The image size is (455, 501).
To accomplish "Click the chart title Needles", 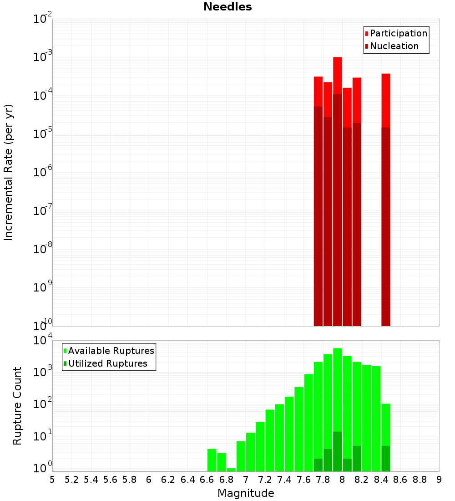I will pyautogui.click(x=227, y=7).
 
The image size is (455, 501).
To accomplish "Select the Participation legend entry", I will pyautogui.click(x=398, y=33).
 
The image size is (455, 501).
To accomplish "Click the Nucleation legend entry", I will pyautogui.click(x=394, y=46).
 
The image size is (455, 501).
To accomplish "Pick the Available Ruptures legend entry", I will pyautogui.click(x=111, y=351).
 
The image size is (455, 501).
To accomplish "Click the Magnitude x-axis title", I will pyautogui.click(x=246, y=493).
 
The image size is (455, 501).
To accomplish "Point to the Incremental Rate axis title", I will pyautogui.click(x=9, y=172).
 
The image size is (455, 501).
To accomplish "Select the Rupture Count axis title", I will pyautogui.click(x=17, y=405).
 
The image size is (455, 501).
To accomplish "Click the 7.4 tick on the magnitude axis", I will pyautogui.click(x=284, y=480).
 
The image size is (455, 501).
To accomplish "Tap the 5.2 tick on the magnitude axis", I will pyautogui.click(x=71, y=480).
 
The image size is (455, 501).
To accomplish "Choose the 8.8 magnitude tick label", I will pyautogui.click(x=420, y=480).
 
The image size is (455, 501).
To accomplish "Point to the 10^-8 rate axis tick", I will pyautogui.click(x=42, y=249).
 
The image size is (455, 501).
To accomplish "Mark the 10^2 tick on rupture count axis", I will pyautogui.click(x=42, y=404).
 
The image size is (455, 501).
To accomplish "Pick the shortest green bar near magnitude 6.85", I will pyautogui.click(x=231, y=470).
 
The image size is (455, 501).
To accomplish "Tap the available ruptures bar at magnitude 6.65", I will pyautogui.click(x=212, y=460).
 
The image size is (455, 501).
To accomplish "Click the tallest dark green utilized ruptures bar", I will pyautogui.click(x=338, y=451).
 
